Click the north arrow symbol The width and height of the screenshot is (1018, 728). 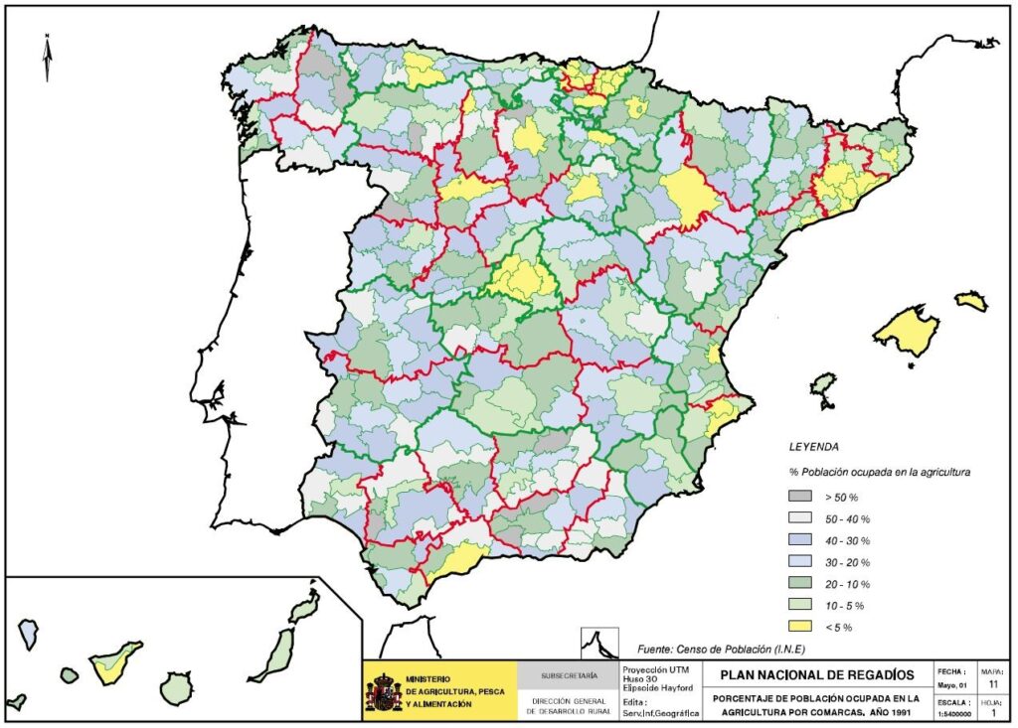(x=47, y=58)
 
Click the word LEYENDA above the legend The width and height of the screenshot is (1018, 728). (x=812, y=447)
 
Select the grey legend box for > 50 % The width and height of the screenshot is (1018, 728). (x=800, y=497)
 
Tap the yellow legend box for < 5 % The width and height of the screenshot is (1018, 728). (x=800, y=627)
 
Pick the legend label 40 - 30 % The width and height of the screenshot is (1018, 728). (x=846, y=540)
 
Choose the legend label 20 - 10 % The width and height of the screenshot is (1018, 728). (x=846, y=584)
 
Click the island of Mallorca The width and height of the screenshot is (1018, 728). (x=906, y=331)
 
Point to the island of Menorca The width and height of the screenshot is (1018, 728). (x=971, y=300)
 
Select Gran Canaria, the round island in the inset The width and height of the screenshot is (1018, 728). (x=177, y=687)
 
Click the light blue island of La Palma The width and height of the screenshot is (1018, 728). (x=29, y=632)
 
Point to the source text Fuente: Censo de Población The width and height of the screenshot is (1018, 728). (x=707, y=649)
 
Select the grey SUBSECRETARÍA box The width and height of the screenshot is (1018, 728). (x=569, y=675)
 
